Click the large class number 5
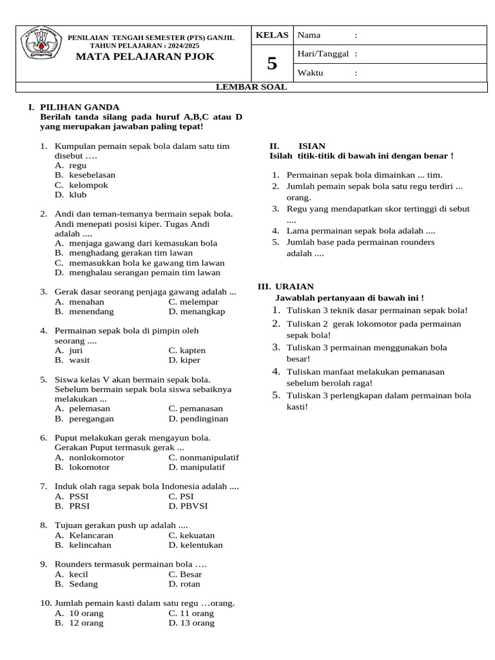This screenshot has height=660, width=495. tap(272, 64)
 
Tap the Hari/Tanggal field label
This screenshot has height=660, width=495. tap(323, 53)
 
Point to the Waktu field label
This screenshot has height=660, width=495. tap(310, 73)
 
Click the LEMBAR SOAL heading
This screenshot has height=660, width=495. tap(251, 87)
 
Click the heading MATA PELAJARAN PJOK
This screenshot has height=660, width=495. tap(145, 57)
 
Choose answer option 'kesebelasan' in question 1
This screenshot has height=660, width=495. tap(92, 175)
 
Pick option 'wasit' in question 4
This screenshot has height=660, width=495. tap(79, 360)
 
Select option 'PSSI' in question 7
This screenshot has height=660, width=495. tap(79, 496)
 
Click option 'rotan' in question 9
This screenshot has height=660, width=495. tap(190, 584)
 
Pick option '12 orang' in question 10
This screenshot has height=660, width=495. tap(86, 623)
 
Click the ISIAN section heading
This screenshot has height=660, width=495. tap(312, 146)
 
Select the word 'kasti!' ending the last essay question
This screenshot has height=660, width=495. tap(297, 407)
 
